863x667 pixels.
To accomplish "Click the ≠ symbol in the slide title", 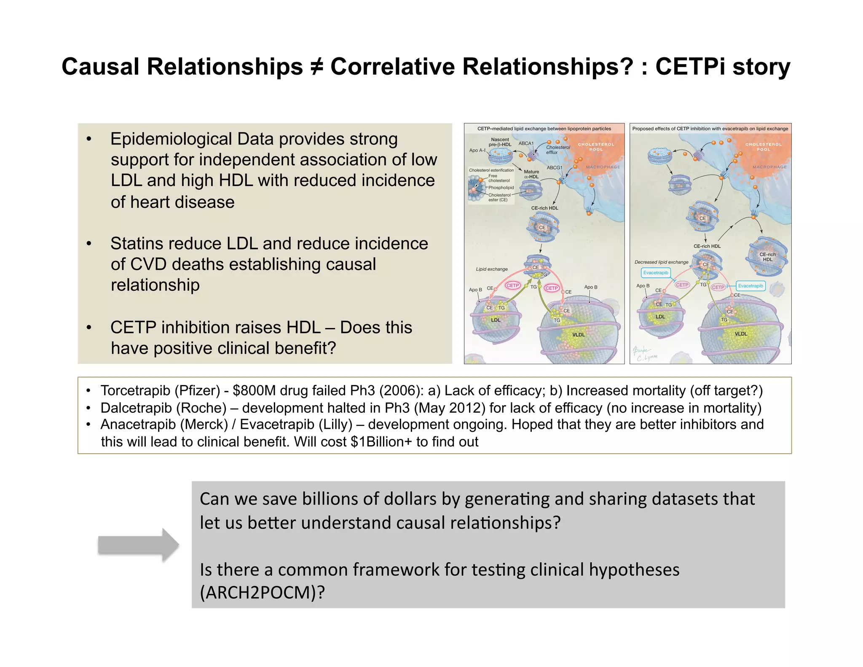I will tap(316, 67).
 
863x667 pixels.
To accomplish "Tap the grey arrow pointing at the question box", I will tap(138, 545).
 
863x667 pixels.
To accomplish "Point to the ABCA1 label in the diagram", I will tap(526, 143).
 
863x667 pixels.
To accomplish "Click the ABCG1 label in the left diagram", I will tap(554, 167).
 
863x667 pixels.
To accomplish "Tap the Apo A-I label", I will tap(477, 150).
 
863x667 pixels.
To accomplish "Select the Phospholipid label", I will tap(501, 188).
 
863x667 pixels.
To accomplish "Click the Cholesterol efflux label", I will tap(558, 150).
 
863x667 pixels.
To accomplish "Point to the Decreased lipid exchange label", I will tap(661, 262).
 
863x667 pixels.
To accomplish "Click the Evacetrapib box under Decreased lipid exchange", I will tap(656, 273).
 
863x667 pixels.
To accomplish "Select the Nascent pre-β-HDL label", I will tap(500, 142).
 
